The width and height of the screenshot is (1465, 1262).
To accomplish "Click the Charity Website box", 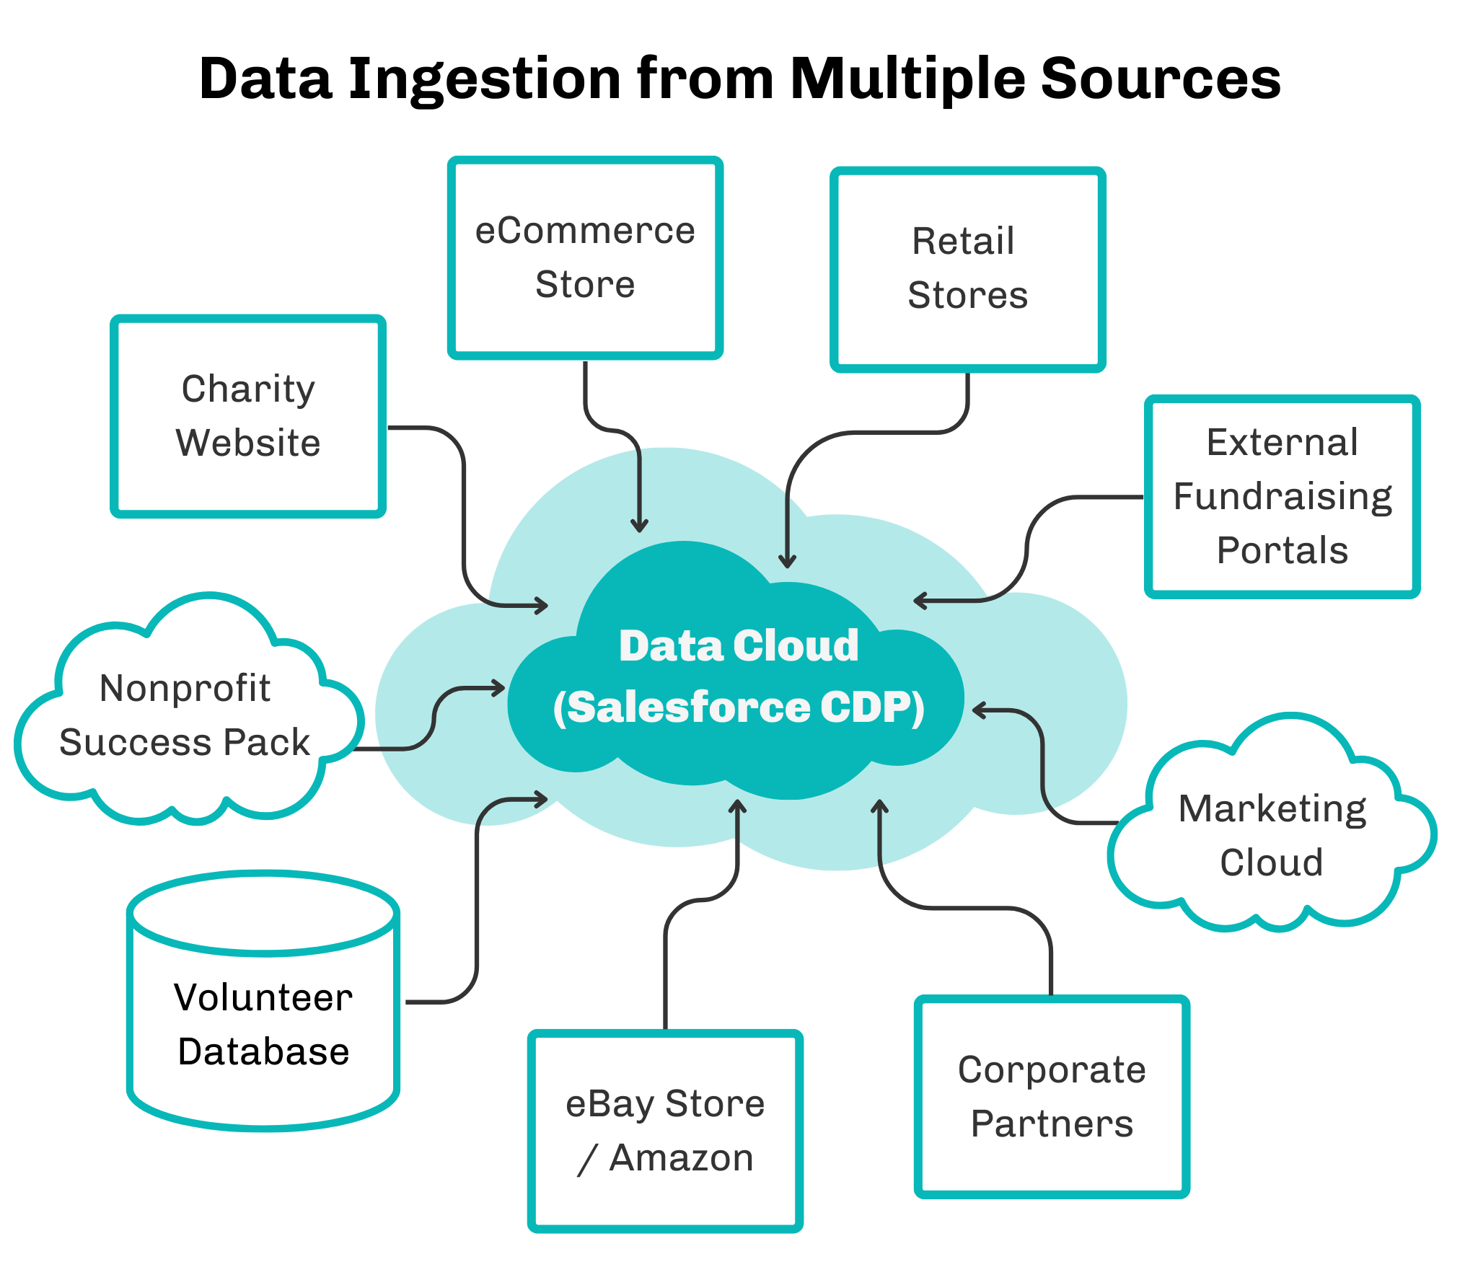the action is click(x=248, y=416).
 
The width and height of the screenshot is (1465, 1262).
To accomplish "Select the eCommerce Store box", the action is click(x=585, y=257).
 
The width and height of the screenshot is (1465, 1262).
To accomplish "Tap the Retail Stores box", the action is click(x=967, y=270).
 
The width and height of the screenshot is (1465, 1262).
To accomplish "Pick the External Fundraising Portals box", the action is click(x=1282, y=496).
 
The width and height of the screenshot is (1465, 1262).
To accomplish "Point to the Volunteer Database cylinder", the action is click(x=263, y=1001).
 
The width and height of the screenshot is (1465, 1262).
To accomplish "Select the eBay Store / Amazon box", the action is click(x=665, y=1131).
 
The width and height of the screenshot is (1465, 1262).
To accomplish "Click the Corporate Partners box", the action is click(x=1052, y=1097).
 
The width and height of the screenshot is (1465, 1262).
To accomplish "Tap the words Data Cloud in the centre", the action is click(x=739, y=645).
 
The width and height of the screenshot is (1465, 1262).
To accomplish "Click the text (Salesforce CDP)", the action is click(x=739, y=707).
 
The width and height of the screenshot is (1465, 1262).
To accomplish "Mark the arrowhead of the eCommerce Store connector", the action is click(x=639, y=526).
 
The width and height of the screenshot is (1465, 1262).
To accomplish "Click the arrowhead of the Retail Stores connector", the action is click(x=787, y=561).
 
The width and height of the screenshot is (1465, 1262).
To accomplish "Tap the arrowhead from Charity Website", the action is click(x=541, y=605).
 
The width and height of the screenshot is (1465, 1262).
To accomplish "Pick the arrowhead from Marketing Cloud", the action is click(x=980, y=710).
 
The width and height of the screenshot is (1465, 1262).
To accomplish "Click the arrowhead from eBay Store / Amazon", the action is click(x=737, y=807).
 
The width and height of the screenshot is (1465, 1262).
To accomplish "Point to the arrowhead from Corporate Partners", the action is click(x=879, y=807).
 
